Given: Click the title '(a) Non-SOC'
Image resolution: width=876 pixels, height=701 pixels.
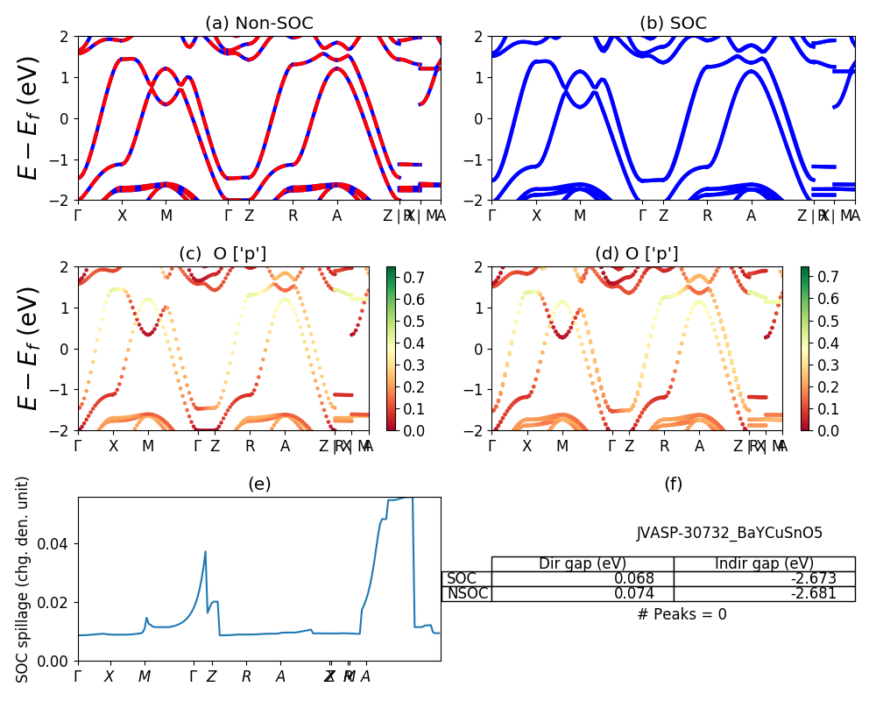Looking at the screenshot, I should click(258, 24).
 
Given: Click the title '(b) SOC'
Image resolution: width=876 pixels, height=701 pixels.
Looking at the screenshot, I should click(673, 24).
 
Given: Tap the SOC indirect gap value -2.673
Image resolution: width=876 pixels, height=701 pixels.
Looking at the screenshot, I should click(811, 578).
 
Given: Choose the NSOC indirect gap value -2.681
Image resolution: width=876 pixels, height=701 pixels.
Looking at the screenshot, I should click(811, 593).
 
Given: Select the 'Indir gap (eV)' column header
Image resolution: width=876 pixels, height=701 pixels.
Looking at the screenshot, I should click(764, 563).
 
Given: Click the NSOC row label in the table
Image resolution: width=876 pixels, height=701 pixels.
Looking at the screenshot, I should click(467, 593).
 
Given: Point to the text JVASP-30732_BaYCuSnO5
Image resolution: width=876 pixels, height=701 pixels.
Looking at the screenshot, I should click(729, 533).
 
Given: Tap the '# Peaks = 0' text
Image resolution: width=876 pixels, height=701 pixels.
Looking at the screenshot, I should click(682, 614).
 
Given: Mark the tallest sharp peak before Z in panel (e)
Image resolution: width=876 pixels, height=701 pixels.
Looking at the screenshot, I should click(206, 551).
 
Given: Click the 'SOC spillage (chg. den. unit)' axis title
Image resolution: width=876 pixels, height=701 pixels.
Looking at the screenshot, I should click(24, 578).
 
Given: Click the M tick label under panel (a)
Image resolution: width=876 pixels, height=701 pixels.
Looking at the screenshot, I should click(166, 216).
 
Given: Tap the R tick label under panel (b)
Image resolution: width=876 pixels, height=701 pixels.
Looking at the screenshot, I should click(707, 216).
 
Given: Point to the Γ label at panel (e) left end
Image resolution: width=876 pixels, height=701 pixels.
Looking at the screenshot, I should click(78, 676).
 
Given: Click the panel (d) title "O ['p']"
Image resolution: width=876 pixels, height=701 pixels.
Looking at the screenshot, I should click(636, 254).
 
